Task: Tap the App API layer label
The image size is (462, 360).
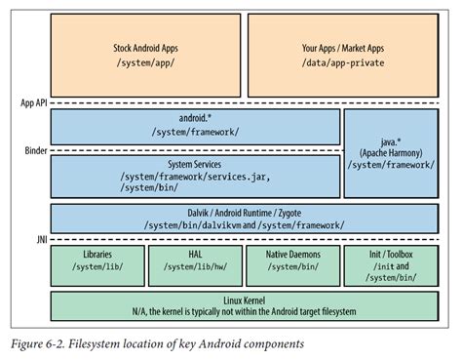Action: pos(33,102)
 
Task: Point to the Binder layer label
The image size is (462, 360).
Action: pos(34,151)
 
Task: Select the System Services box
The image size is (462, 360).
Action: pos(194,176)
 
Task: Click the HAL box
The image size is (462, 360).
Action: pos(196,263)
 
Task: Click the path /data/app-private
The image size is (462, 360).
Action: pos(346,60)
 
